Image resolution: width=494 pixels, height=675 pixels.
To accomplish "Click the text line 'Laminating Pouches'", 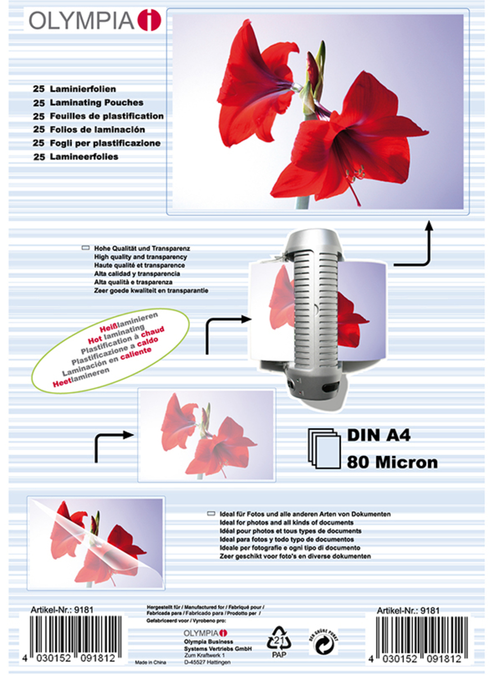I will (88, 102).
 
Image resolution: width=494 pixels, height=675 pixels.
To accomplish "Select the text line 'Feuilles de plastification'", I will (98, 116).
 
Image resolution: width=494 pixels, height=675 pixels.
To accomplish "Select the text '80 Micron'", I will (392, 462).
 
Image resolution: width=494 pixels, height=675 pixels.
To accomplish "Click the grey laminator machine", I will (314, 315).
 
